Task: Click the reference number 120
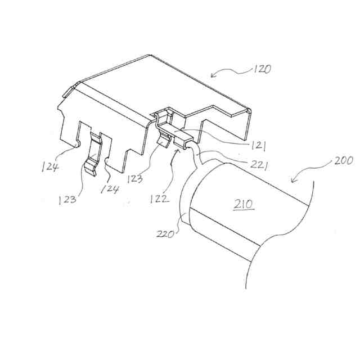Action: [262, 70]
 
